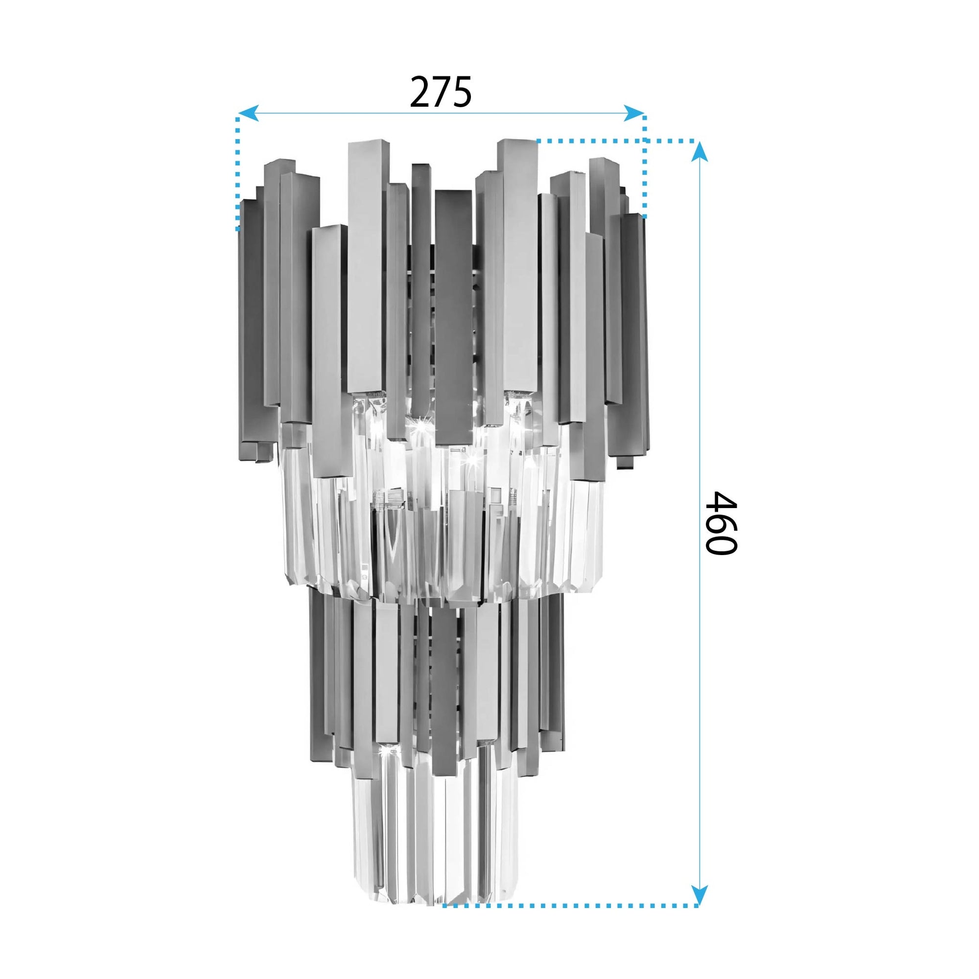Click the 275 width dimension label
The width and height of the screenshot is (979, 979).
441,92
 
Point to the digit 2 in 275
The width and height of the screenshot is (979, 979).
420,92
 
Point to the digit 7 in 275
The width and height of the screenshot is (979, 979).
442,92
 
